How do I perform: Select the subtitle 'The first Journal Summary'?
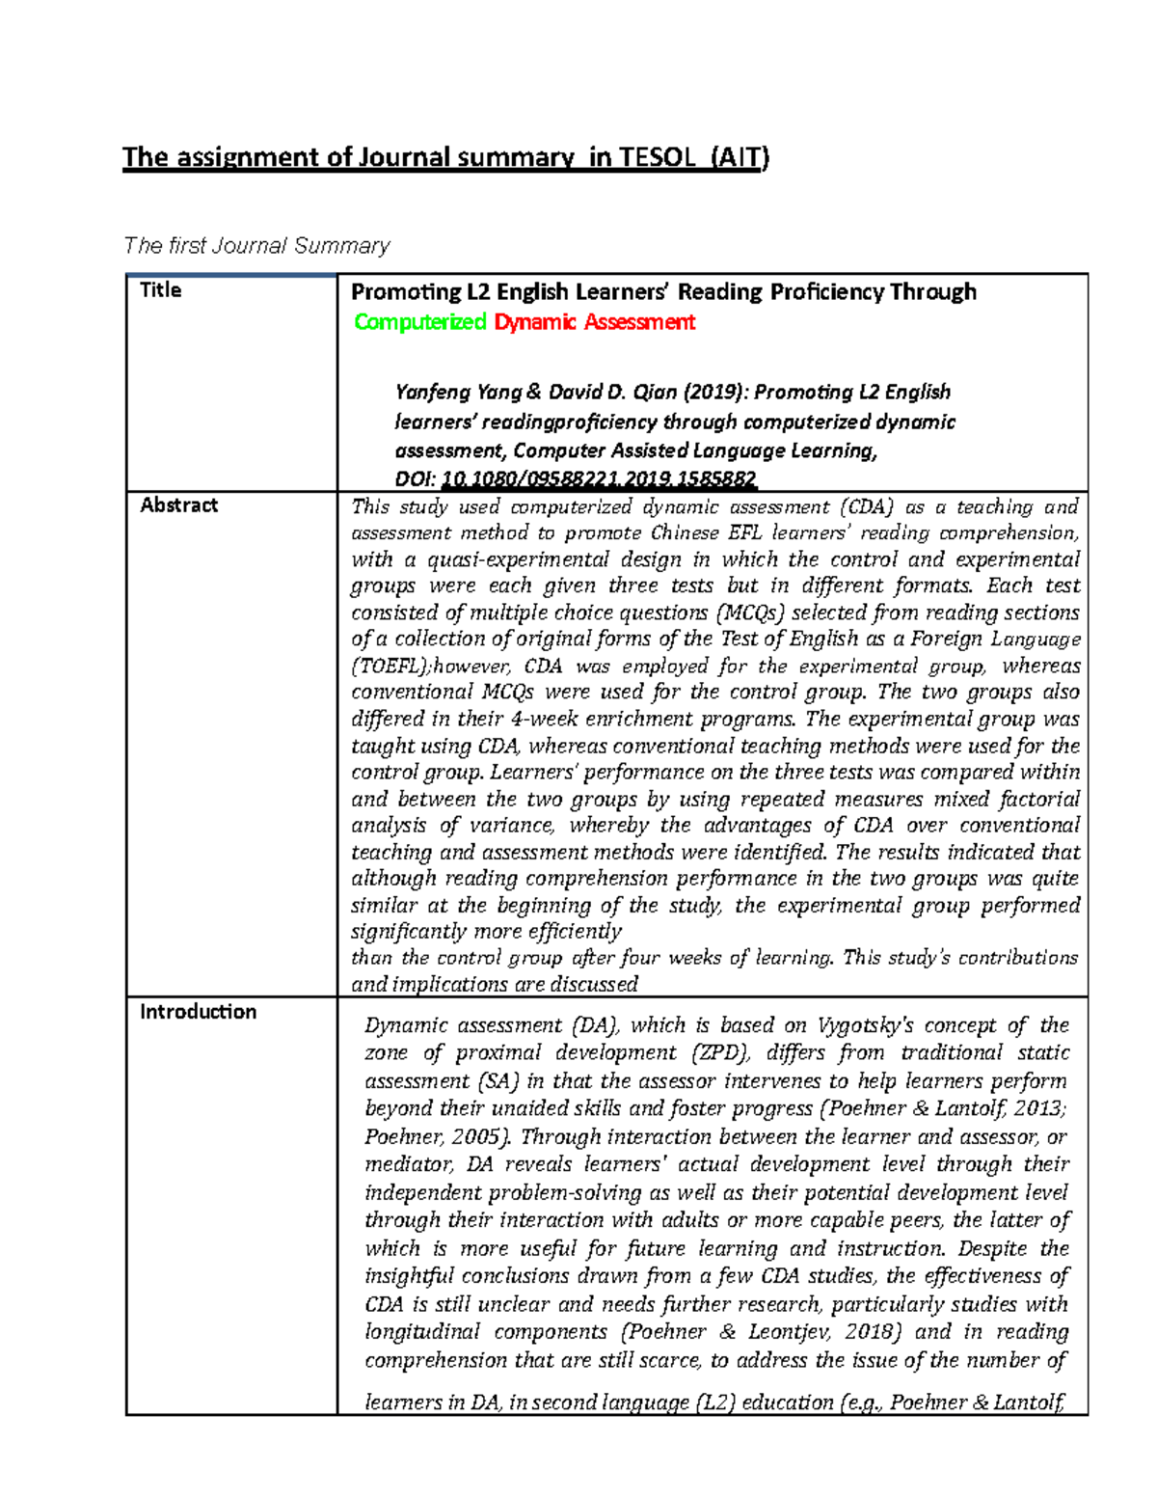(256, 246)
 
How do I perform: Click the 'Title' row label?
(160, 290)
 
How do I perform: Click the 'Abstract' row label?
(178, 505)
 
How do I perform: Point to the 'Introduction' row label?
(198, 1012)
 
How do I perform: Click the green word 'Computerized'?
(419, 322)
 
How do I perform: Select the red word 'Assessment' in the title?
(638, 322)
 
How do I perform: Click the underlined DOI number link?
(599, 479)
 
